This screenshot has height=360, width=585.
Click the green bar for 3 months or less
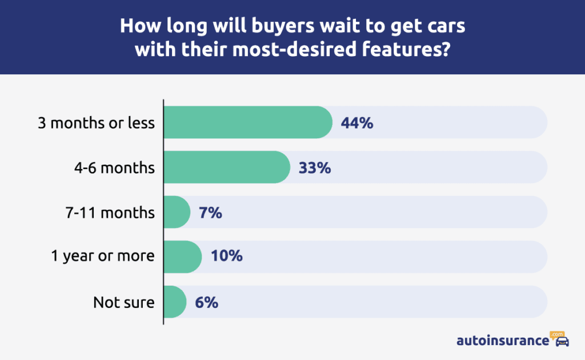[x=248, y=122]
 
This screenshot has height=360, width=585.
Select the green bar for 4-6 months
[x=227, y=167]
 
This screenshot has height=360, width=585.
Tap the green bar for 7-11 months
[x=177, y=212]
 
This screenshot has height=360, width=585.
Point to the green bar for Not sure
[x=175, y=302]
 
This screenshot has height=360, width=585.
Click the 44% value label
[x=357, y=123]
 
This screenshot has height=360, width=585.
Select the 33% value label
[x=315, y=167]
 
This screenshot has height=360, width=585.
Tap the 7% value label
[x=211, y=213]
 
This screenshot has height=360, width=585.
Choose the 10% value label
[x=227, y=257]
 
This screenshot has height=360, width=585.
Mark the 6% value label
[x=207, y=302]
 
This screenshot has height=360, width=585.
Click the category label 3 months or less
[x=96, y=123]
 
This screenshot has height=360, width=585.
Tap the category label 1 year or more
[x=103, y=257]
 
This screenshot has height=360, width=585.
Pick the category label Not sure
[x=124, y=302]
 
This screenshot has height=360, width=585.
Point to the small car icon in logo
[x=562, y=342]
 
